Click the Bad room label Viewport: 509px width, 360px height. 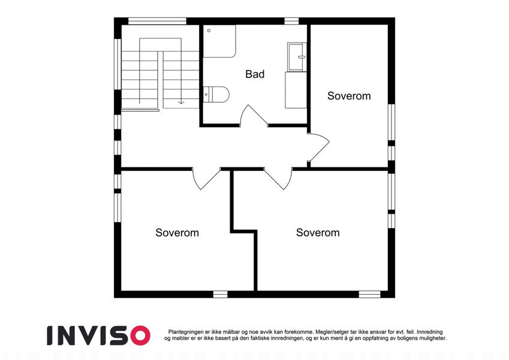pyautogui.click(x=255, y=74)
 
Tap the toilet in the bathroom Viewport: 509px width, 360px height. pyautogui.click(x=216, y=94)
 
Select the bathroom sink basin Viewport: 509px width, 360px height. pyautogui.click(x=297, y=57)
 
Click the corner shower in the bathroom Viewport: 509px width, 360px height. pyautogui.click(x=219, y=41)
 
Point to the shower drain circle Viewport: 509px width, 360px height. pyautogui.click(x=209, y=31)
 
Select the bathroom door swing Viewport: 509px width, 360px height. pyautogui.click(x=254, y=115)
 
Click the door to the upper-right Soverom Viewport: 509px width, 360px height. pyautogui.click(x=318, y=147)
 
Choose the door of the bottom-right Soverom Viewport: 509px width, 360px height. pyautogui.click(x=278, y=178)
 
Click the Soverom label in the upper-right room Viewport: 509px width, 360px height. pyautogui.click(x=349, y=96)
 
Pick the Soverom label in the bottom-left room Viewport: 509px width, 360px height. pyautogui.click(x=177, y=233)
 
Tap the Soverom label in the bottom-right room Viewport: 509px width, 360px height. pyautogui.click(x=318, y=233)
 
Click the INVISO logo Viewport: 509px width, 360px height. pyautogui.click(x=99, y=335)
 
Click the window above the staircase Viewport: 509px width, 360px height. pyautogui.click(x=157, y=21)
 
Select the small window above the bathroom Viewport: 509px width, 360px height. pyautogui.click(x=291, y=21)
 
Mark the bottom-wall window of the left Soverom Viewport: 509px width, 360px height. pyautogui.click(x=220, y=295)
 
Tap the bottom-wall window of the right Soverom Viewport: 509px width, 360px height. pyautogui.click(x=369, y=295)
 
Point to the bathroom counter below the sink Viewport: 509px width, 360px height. pyautogui.click(x=296, y=90)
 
